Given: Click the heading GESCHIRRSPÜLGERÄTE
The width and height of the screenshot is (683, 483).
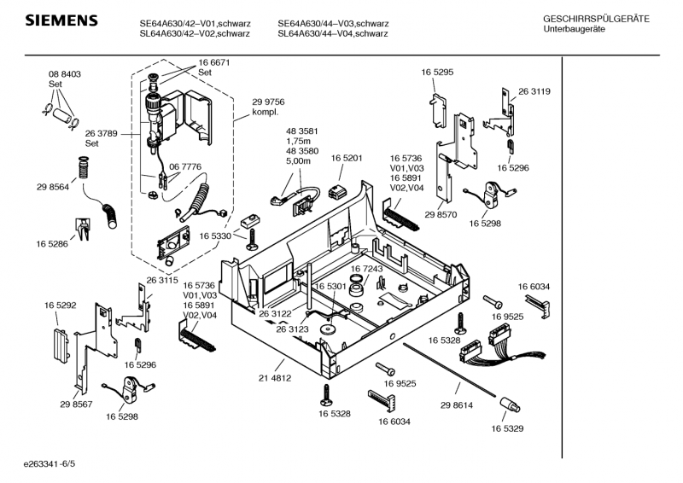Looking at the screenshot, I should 596,18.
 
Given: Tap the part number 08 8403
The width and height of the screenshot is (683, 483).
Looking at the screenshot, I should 64,74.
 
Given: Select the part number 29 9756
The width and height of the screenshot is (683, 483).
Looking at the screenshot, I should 268,102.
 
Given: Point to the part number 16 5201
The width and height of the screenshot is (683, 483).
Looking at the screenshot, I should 347,159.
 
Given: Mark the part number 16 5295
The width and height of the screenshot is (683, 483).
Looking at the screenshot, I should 436,73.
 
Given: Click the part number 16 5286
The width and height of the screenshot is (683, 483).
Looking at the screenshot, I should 52,244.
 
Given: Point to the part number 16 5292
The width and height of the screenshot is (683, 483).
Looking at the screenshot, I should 61,304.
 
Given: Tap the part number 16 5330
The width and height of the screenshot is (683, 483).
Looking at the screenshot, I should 216,236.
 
